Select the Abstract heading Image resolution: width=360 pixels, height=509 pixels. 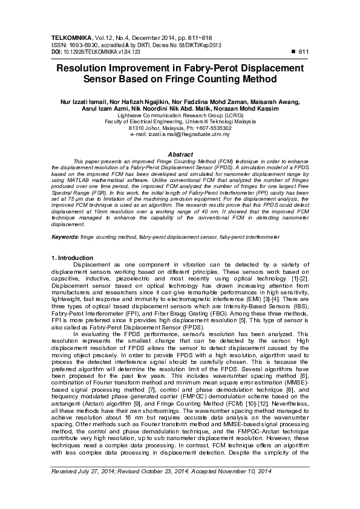coord(179,155)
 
